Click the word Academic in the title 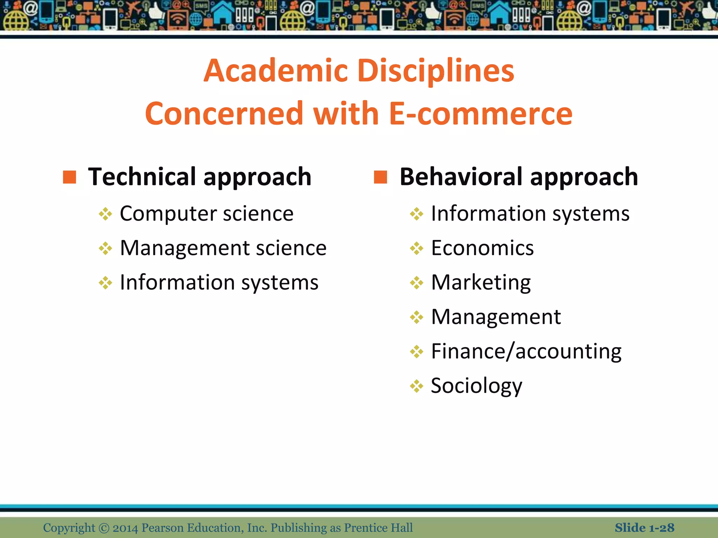276,71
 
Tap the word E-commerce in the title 481,113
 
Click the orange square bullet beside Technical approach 69,177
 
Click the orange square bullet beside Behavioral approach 380,177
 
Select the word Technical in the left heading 142,177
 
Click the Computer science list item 206,214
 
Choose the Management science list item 223,248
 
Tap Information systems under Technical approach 219,282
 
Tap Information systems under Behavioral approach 530,214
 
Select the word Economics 482,248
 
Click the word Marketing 481,282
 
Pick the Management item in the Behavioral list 496,317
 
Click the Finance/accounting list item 526,351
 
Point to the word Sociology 476,386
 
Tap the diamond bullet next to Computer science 106,214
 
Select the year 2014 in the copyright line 125,528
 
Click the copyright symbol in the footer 104,528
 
